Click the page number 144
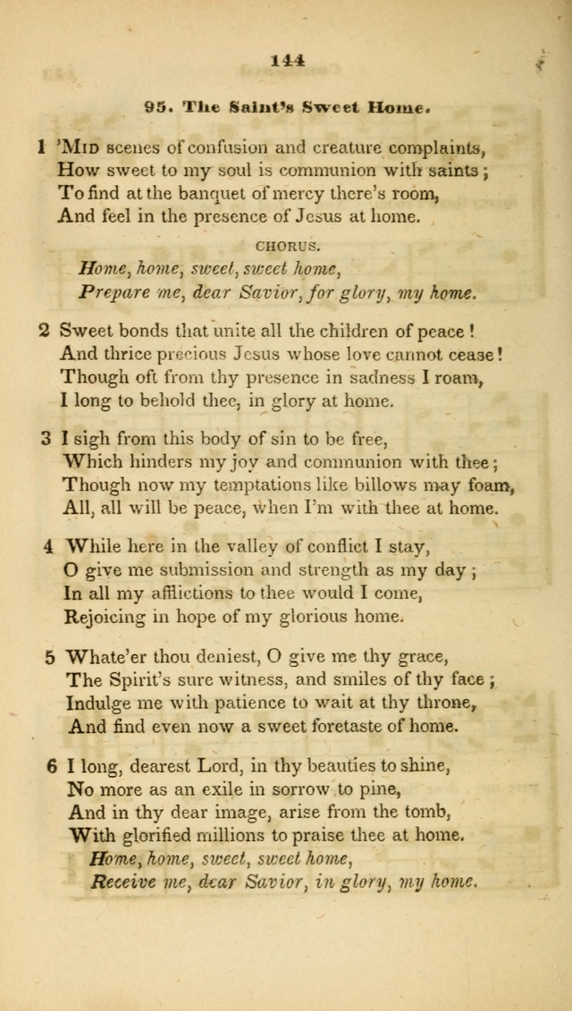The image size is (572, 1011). [286, 62]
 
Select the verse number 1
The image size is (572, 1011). [41, 147]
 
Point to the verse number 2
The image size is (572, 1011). [43, 331]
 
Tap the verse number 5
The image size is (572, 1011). [51, 656]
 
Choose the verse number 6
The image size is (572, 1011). [53, 766]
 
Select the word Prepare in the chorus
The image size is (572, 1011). [112, 291]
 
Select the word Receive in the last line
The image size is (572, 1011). [122, 880]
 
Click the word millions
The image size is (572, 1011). [252, 837]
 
